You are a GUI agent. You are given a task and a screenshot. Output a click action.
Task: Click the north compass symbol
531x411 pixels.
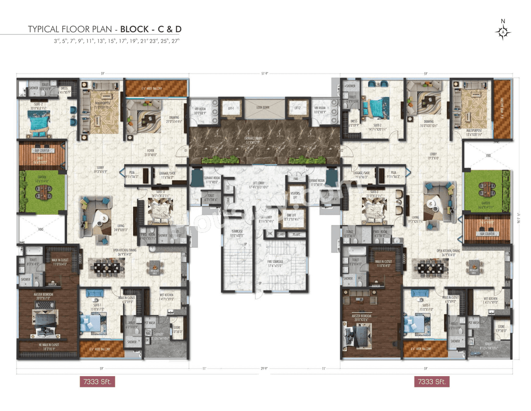503,31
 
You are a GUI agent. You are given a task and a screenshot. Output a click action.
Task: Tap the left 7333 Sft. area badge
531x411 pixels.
97,382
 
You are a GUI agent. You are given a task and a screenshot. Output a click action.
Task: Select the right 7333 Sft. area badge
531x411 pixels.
431,382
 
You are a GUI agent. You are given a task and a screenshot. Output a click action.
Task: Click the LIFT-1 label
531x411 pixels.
231,108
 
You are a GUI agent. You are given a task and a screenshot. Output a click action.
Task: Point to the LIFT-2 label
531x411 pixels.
297,108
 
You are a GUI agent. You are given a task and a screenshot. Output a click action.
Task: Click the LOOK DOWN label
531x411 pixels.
263,107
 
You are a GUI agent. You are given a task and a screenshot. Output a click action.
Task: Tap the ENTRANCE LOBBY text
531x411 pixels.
253,140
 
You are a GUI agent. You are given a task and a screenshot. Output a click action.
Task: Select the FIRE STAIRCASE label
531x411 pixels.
275,264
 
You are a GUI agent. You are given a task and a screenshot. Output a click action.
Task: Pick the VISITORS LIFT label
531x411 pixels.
295,195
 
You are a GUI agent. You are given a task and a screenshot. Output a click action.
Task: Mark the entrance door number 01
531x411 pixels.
186,151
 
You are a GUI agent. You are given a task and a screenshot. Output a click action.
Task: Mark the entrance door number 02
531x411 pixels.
342,151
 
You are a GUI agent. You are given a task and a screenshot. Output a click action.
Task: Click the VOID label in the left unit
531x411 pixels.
41,229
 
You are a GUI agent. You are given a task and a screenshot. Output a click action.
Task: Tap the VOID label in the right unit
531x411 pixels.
488,156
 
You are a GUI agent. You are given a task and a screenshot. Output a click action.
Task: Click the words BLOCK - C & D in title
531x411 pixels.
151,29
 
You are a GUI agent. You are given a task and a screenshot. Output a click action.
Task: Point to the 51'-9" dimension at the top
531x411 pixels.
265,73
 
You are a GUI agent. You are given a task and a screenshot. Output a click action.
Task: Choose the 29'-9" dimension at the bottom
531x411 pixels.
264,368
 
